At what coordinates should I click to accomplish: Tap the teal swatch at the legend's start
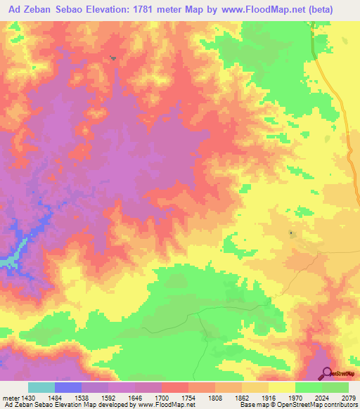[41, 387]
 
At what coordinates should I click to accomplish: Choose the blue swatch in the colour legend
[68, 387]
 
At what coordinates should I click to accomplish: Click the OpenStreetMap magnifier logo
[326, 373]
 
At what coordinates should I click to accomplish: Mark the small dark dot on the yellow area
[291, 233]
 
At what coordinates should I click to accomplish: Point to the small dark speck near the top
[113, 58]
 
